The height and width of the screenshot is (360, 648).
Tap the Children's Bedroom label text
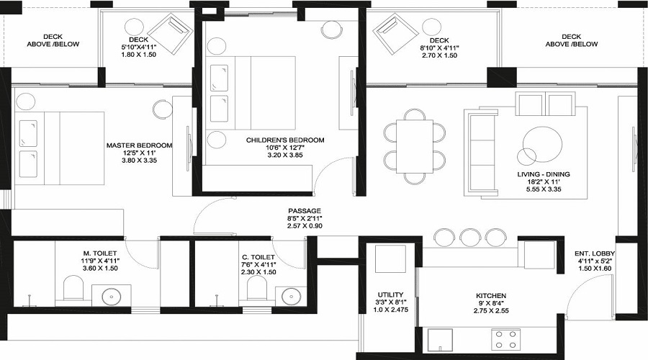pos(285,140)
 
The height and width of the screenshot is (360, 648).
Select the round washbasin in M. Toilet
pos(112,295)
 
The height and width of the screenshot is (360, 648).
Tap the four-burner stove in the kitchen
pos(506,338)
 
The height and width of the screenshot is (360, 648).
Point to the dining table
pos(413,146)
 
